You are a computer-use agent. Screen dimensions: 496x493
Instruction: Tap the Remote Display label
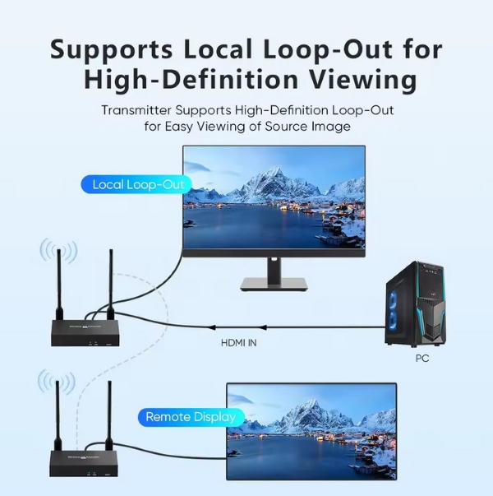click(x=190, y=417)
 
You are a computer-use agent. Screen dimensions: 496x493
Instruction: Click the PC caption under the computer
click(x=422, y=359)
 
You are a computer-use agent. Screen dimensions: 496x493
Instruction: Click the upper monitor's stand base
click(x=274, y=285)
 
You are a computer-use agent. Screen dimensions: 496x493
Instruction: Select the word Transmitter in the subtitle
click(x=138, y=109)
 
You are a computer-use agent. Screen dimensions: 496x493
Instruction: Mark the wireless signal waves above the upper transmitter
click(x=59, y=251)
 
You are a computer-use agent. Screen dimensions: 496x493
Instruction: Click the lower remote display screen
click(x=311, y=432)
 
